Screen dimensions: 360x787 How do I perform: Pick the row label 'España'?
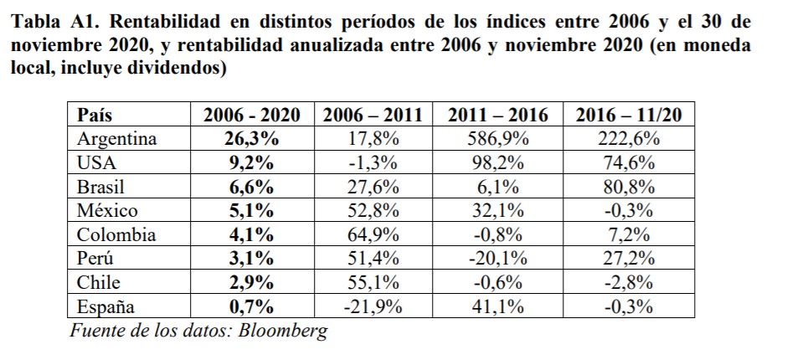106,306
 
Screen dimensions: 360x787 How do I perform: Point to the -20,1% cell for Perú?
498,259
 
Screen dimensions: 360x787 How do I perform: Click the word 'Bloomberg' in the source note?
283,330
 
